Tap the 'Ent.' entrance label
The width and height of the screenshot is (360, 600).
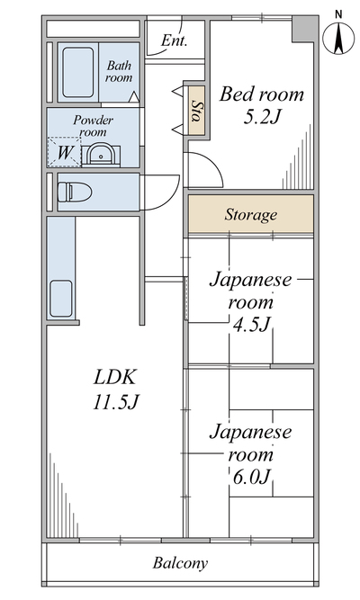pyautogui.click(x=174, y=40)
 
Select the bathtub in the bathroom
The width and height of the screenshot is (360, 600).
pyautogui.click(x=78, y=72)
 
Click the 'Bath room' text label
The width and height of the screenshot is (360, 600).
pyautogui.click(x=119, y=72)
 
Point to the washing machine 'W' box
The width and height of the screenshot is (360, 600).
pyautogui.click(x=64, y=152)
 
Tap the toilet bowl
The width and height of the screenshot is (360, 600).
pyautogui.click(x=75, y=192)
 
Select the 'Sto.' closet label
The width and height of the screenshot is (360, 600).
pyautogui.click(x=197, y=111)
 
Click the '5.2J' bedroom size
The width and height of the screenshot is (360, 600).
pyautogui.click(x=263, y=117)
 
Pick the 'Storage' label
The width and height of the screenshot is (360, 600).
pyautogui.click(x=250, y=215)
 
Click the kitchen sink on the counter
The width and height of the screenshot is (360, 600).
pyautogui.click(x=61, y=299)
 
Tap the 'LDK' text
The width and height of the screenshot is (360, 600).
pyautogui.click(x=114, y=377)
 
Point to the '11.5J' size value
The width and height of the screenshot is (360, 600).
pyautogui.click(x=115, y=402)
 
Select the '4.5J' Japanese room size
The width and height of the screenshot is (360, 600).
pyautogui.click(x=252, y=326)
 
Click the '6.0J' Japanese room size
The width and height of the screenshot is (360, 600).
pyautogui.click(x=252, y=477)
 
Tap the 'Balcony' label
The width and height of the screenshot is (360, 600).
pyautogui.click(x=180, y=563)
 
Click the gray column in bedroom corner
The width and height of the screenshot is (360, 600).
pyautogui.click(x=305, y=28)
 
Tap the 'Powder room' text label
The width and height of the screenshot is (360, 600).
pyautogui.click(x=93, y=126)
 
